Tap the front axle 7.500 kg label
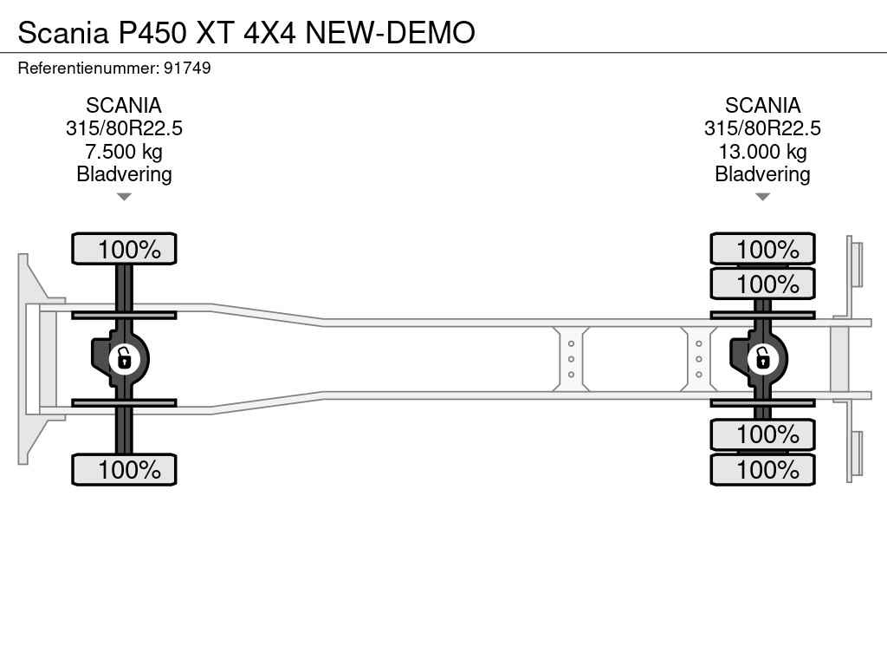click(x=124, y=152)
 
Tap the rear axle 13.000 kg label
click(x=762, y=152)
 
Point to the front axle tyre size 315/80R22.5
click(x=124, y=128)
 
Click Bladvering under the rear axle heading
click(x=762, y=174)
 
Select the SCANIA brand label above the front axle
click(x=124, y=106)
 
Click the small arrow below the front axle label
click(x=124, y=197)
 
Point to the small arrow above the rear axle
click(x=762, y=197)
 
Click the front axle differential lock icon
click(x=124, y=357)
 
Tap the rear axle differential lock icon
click(x=762, y=357)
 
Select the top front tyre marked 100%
click(x=124, y=249)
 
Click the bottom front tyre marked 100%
click(x=124, y=470)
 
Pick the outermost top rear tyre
click(x=762, y=249)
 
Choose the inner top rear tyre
click(x=762, y=284)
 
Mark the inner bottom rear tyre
click(x=762, y=434)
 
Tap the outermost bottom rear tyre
click(x=762, y=470)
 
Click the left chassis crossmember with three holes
click(x=572, y=358)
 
